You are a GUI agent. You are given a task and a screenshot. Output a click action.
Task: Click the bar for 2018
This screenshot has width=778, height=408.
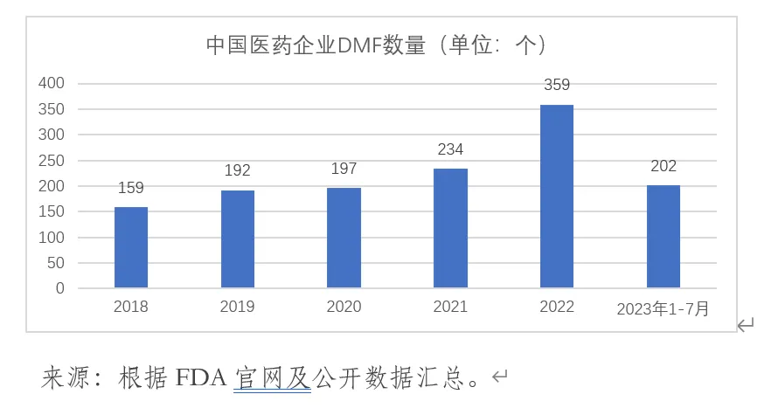coord(131,247)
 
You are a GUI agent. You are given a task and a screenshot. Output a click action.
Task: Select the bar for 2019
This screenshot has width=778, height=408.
coord(238,239)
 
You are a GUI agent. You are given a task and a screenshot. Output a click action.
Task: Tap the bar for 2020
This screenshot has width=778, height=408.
coord(344,238)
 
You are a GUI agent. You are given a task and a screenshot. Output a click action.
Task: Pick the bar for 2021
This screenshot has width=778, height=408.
coord(450,228)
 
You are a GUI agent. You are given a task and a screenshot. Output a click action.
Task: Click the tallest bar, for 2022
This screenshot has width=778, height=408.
coord(557,196)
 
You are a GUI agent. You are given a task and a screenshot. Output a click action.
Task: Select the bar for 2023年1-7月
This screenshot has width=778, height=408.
coord(663,236)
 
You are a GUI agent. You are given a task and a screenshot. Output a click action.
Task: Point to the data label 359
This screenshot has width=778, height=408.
coord(557,86)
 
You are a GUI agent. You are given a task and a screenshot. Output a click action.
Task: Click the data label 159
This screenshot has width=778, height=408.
coord(131,188)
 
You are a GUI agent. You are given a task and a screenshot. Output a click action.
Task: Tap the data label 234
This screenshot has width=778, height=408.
coord(450,149)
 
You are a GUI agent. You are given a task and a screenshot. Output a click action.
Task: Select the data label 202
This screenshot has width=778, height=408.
coord(663,166)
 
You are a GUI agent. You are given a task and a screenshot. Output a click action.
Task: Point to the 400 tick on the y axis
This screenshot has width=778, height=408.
coord(52,84)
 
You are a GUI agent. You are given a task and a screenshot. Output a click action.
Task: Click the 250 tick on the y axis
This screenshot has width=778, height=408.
coord(52,161)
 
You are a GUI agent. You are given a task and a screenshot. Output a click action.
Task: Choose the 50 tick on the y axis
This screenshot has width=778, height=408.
coord(55,263)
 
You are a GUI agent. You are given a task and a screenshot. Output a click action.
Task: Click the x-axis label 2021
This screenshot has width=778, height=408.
coord(450,307)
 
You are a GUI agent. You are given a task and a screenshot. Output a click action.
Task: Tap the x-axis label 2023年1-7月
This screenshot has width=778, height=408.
coord(663,308)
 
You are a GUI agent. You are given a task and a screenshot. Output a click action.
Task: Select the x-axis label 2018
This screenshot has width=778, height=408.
coord(131,307)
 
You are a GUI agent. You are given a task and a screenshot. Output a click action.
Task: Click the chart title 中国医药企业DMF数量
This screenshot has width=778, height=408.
coord(315,45)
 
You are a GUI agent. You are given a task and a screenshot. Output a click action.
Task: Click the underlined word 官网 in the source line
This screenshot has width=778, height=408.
coord(255,378)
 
